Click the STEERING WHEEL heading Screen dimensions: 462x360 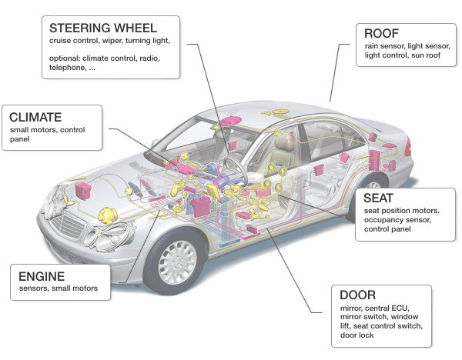103,28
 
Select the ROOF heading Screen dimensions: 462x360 382,34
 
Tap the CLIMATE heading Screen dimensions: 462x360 35,117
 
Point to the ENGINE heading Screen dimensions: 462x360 42,276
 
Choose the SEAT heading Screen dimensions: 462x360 378,198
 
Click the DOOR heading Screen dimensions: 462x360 358,295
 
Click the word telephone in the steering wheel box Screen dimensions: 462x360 66,68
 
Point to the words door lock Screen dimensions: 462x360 357,335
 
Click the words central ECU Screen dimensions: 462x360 387,308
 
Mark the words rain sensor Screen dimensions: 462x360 384,46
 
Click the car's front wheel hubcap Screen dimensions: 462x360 177,263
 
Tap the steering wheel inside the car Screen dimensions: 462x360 235,170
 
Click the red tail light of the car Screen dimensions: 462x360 408,147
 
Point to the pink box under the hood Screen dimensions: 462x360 83,191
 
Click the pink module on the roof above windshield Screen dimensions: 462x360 231,122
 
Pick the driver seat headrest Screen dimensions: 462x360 283,142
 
